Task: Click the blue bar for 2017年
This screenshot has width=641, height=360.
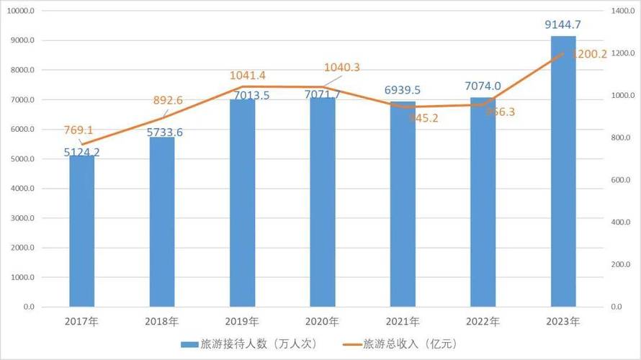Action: tap(81, 231)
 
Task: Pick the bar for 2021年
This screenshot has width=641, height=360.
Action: tap(403, 204)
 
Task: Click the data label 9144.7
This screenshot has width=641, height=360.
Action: tap(562, 25)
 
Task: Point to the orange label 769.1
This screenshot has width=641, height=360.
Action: tap(81, 131)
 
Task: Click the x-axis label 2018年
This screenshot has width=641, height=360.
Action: tap(162, 321)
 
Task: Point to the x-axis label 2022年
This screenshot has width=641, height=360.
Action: tap(483, 321)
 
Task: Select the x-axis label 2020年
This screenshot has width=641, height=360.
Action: tap(323, 321)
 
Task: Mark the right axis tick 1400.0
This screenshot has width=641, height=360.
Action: tap(621, 12)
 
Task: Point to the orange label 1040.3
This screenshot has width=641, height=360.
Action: tap(342, 68)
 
